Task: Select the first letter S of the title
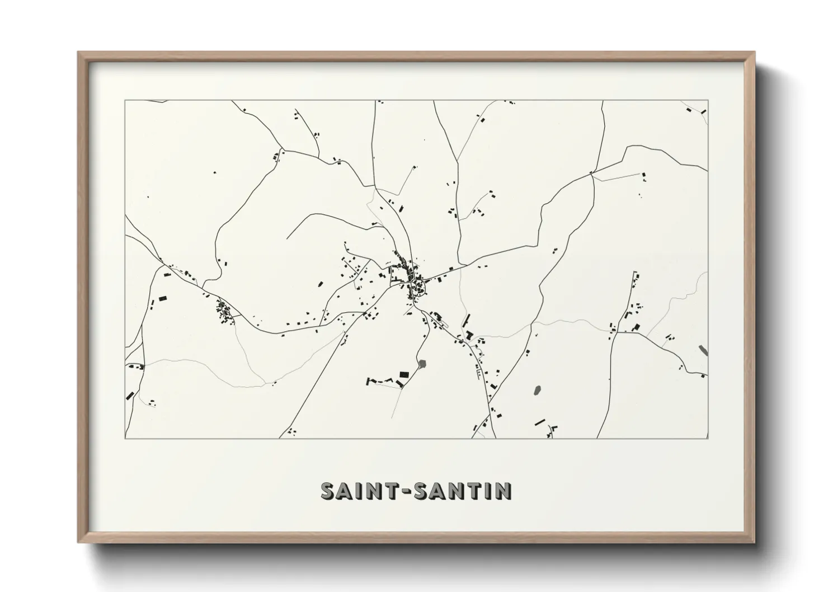point(327,491)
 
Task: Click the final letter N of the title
point(503,491)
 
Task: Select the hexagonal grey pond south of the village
point(422,364)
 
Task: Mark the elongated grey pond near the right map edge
point(703,351)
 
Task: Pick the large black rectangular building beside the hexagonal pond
point(403,374)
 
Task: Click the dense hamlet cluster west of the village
point(225,312)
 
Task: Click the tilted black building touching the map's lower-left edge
point(129,395)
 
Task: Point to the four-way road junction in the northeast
point(591,174)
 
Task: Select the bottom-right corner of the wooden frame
point(754,542)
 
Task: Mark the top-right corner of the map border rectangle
point(708,101)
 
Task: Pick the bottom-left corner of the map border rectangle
point(125,438)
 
